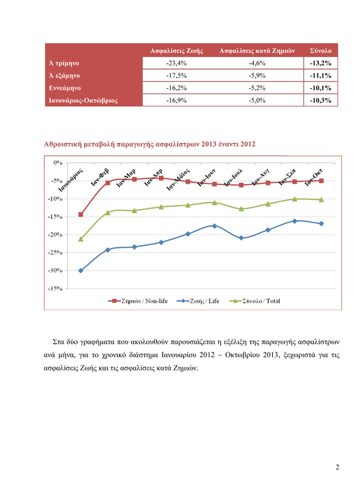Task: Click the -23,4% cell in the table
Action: pos(176,63)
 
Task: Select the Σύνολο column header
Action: pos(320,50)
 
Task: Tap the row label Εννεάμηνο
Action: pos(65,88)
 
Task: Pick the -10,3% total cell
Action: pos(320,100)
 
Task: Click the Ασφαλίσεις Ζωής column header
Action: pos(176,50)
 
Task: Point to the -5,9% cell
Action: pos(257,76)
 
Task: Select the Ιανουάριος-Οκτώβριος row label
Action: pos(83,100)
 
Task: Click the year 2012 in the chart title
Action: pos(248,144)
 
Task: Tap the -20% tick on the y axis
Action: pos(55,235)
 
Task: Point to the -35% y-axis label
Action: pos(55,289)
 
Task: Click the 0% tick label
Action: pos(58,163)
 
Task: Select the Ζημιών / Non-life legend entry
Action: pos(138,301)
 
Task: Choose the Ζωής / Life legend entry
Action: pos(198,301)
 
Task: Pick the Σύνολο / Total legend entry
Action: pos(254,301)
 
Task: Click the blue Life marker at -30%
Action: pos(81,271)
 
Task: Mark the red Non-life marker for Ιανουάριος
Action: pos(81,214)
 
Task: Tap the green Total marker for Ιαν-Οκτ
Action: pos(321,200)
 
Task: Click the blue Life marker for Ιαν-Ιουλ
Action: pos(241,238)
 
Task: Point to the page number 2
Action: pos(337,467)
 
